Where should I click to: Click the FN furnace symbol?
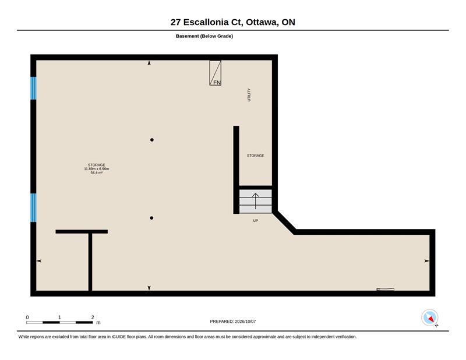(215, 73)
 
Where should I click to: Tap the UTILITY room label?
(249, 95)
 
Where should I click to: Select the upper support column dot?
(152, 140)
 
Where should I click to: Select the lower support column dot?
(151, 218)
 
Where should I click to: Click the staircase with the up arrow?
(256, 201)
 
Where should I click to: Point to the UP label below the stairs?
(255, 221)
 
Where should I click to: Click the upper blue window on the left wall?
(34, 89)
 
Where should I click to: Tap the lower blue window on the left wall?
(34, 207)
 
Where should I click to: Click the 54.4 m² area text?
(97, 172)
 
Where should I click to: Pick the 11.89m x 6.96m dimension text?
(97, 169)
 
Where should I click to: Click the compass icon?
(430, 318)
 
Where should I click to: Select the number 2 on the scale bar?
(93, 317)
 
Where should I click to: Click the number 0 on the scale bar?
(27, 317)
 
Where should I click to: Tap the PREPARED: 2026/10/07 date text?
(233, 322)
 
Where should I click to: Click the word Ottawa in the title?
(262, 22)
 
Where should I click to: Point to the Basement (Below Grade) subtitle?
(204, 36)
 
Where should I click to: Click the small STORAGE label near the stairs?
(256, 156)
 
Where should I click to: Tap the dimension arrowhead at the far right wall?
(427, 261)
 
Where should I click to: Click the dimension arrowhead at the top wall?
(149, 63)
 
